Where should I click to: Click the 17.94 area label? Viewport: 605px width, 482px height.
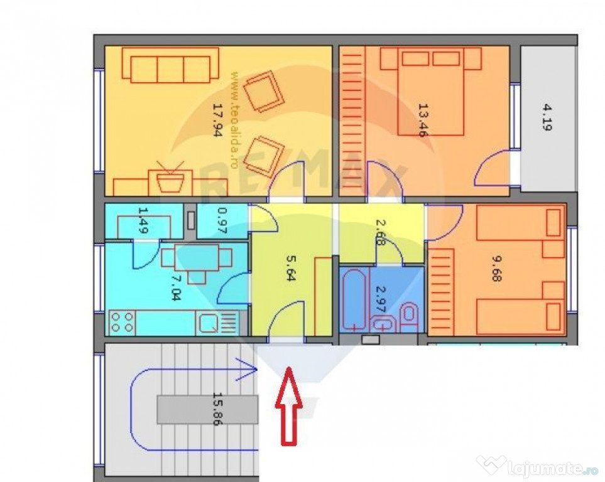pyautogui.click(x=218, y=120)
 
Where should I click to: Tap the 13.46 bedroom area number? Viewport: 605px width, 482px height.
pyautogui.click(x=423, y=120)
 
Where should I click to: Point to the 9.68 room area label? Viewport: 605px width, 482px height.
pyautogui.click(x=496, y=269)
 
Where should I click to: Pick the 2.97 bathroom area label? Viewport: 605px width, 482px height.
pyautogui.click(x=381, y=299)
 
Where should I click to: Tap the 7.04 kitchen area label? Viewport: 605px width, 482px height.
pyautogui.click(x=175, y=287)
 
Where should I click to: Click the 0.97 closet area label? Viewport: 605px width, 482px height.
pyautogui.click(x=222, y=221)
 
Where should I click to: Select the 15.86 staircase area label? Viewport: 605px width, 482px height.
pyautogui.click(x=219, y=409)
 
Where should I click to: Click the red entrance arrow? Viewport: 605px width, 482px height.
pyautogui.click(x=288, y=405)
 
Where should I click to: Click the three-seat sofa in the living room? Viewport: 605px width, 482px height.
pyautogui.click(x=170, y=65)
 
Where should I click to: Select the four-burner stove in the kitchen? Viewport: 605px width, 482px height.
pyautogui.click(x=122, y=323)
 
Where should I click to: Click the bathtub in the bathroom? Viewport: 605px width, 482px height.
pyautogui.click(x=354, y=301)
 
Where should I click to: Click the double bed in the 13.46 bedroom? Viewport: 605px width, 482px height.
pyautogui.click(x=430, y=92)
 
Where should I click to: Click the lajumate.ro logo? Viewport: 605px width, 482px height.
pyautogui.click(x=538, y=467)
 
